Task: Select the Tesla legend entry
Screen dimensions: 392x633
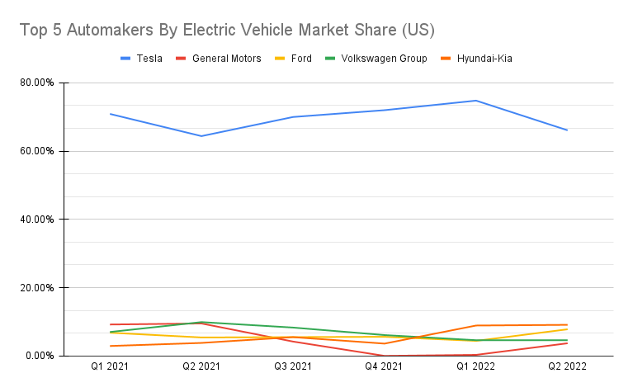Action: click(x=141, y=59)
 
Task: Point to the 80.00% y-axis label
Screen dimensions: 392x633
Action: click(x=37, y=83)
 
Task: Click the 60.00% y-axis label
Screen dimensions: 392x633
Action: click(x=37, y=151)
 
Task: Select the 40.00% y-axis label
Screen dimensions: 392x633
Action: click(x=37, y=220)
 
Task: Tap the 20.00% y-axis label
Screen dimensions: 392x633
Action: click(x=37, y=288)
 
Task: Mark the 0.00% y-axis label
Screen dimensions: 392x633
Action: click(x=40, y=356)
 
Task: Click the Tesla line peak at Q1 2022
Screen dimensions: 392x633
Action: click(x=476, y=101)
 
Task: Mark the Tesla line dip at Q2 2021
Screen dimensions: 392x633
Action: click(x=201, y=136)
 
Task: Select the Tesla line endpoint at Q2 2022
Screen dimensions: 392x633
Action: click(x=567, y=130)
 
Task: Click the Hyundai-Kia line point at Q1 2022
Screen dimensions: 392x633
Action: click(x=476, y=325)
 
